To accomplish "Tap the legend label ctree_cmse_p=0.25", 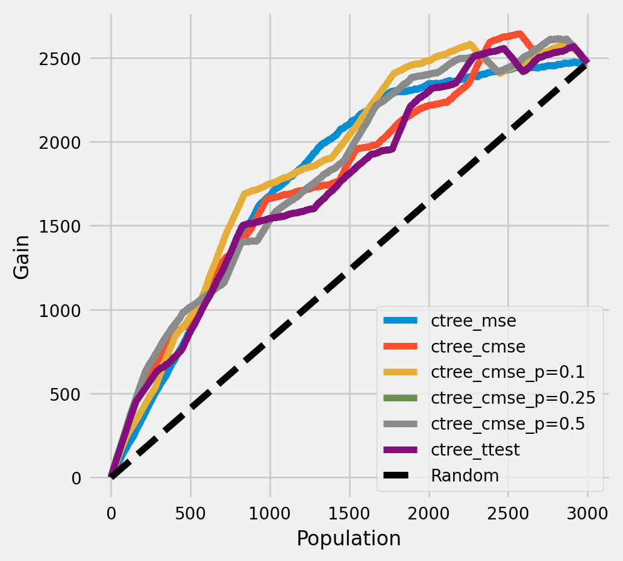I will pyautogui.click(x=513, y=398).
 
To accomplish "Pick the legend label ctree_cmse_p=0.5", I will pyautogui.click(x=508, y=424).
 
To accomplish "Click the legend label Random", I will pyautogui.click(x=465, y=475).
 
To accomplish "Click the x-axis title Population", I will pyautogui.click(x=349, y=538).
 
